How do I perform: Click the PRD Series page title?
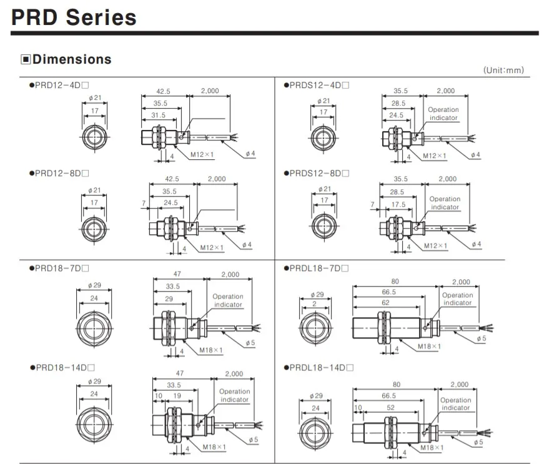click(x=74, y=17)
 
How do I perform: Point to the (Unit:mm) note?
click(x=503, y=71)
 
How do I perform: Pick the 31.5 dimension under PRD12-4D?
click(x=158, y=115)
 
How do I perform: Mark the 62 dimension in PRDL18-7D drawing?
click(x=385, y=302)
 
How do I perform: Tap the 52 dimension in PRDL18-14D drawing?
click(x=390, y=408)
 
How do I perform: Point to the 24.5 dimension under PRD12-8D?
click(x=169, y=202)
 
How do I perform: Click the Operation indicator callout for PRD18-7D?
click(x=228, y=300)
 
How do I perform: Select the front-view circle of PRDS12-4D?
click(x=323, y=136)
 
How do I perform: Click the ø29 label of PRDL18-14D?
click(x=315, y=396)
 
